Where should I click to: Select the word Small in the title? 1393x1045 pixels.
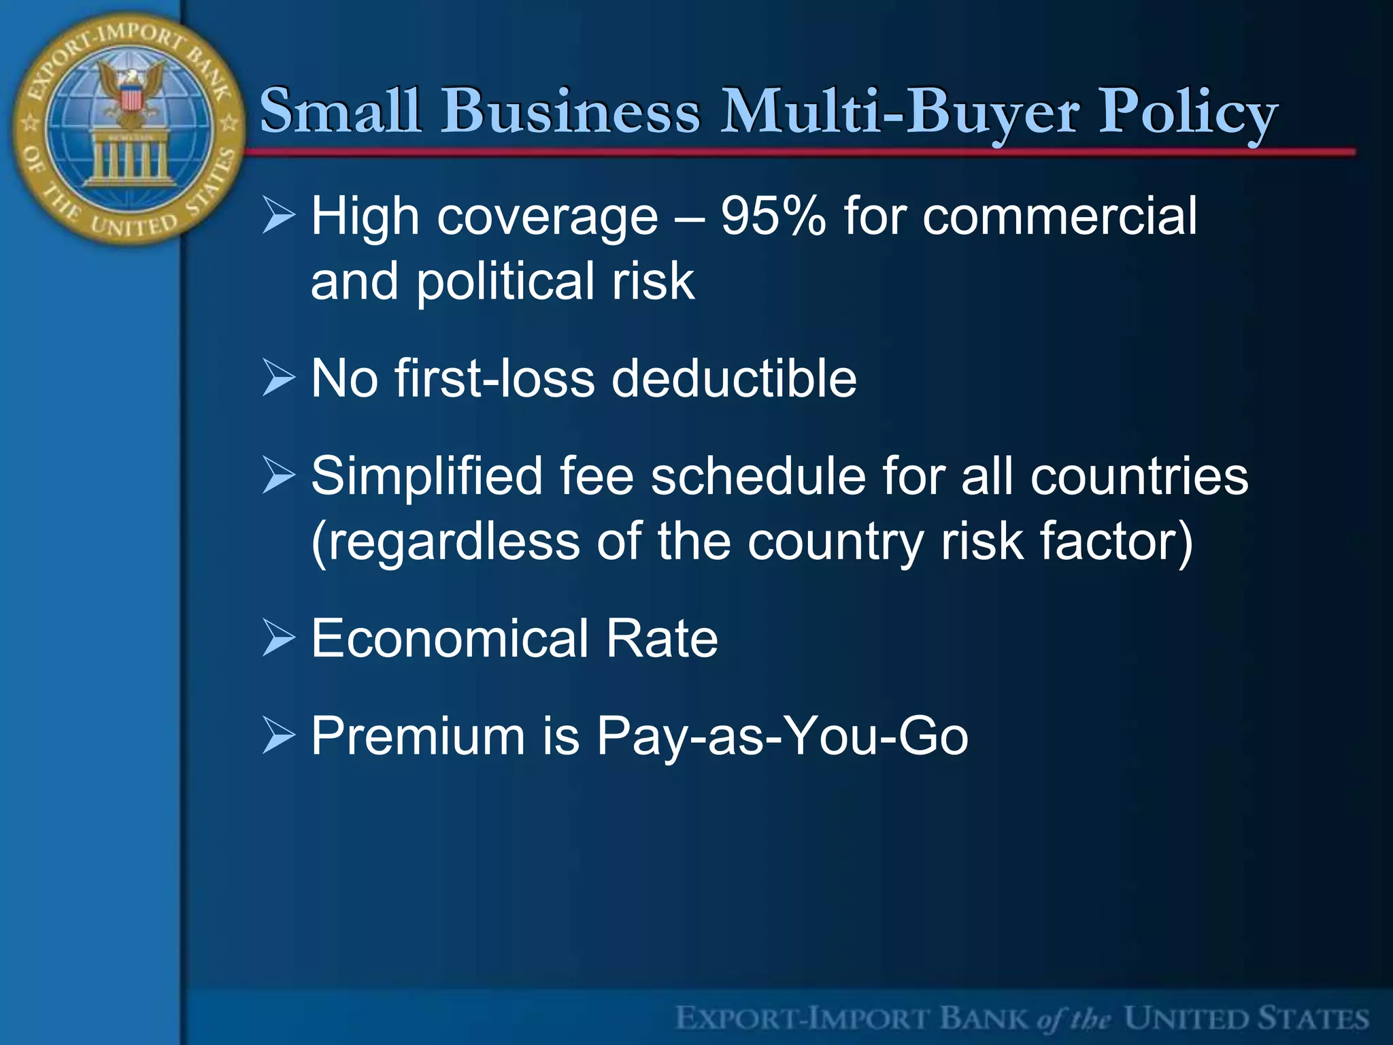[x=340, y=111]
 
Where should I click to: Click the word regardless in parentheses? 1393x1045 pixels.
[x=446, y=542]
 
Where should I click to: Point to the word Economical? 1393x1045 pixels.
[x=450, y=639]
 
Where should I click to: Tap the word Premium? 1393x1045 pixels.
[x=418, y=736]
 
